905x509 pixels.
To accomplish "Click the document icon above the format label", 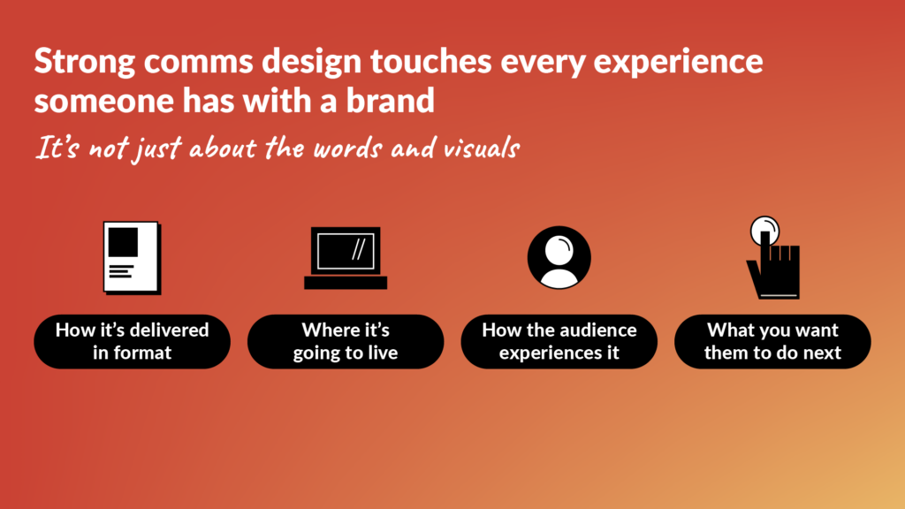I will (x=131, y=257).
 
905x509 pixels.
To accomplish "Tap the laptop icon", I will (x=346, y=258).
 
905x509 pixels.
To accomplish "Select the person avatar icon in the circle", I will (x=559, y=258).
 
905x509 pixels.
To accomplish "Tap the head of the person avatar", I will (x=559, y=250).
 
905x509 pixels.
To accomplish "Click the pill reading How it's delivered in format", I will (x=132, y=341).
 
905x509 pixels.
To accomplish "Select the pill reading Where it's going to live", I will (x=346, y=341).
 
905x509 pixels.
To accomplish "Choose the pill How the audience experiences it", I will (x=559, y=341).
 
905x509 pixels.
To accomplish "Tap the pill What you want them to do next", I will (x=772, y=341).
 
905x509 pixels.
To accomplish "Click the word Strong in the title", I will (x=81, y=63).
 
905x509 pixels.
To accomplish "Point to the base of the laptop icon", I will (x=346, y=283).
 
